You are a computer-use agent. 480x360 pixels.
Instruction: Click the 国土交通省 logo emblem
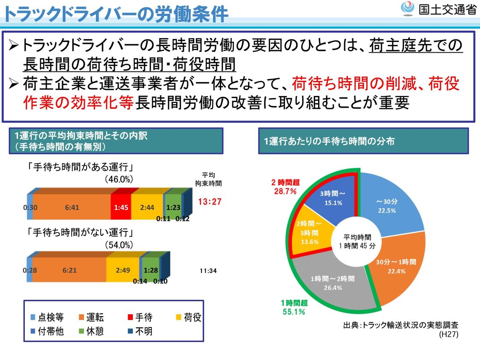[x=408, y=9]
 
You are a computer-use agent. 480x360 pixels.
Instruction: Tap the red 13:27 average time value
[x=210, y=201]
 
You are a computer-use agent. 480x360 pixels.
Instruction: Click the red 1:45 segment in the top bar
[x=120, y=207]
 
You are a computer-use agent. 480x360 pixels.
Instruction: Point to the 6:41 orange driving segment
[x=72, y=207]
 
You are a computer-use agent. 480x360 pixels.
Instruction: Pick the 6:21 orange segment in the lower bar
[x=69, y=271]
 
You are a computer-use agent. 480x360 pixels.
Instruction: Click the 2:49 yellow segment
[x=123, y=271]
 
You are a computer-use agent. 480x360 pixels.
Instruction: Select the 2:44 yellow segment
[x=147, y=207]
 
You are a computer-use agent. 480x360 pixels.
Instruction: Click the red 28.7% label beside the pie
[x=285, y=191]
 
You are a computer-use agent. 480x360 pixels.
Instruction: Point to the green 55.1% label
[x=294, y=312]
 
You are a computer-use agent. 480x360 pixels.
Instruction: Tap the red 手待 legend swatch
[x=129, y=318]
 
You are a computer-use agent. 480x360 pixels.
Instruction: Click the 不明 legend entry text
[x=144, y=331]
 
